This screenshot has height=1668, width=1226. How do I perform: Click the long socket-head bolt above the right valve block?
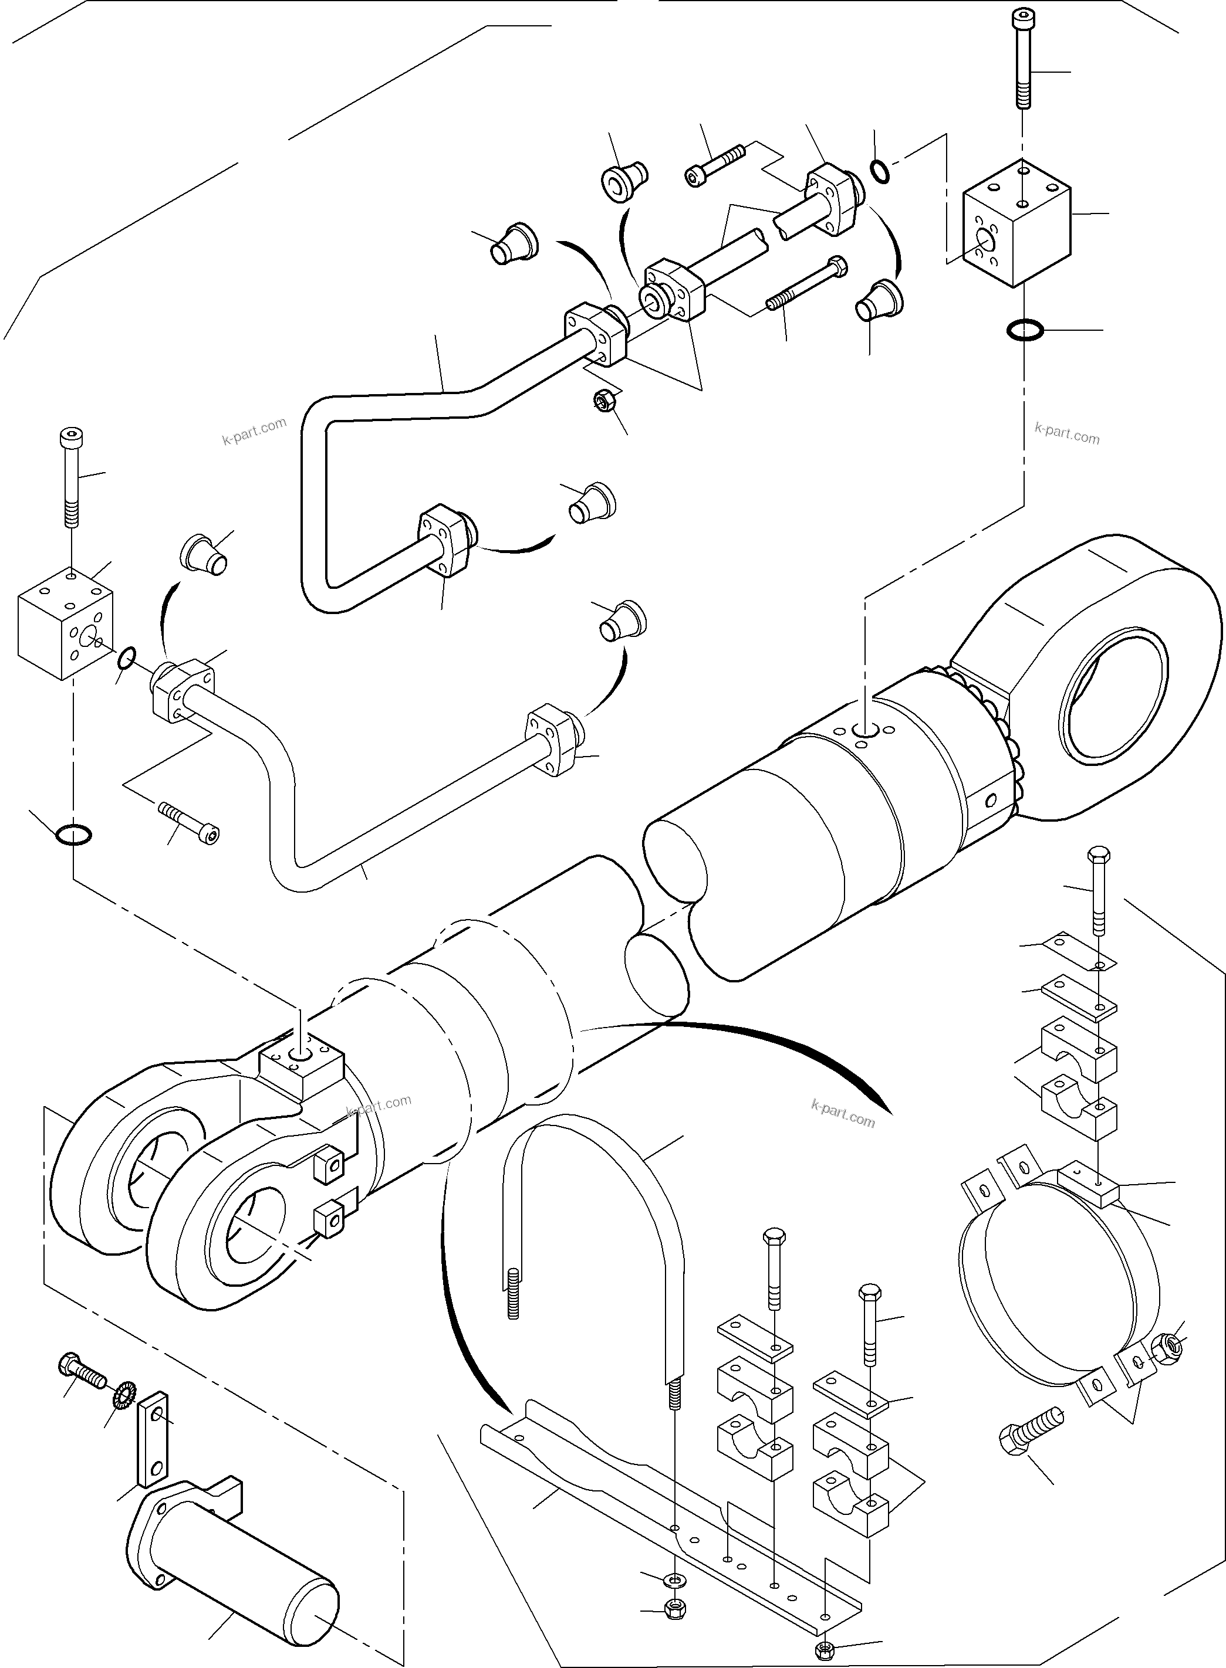tap(1024, 59)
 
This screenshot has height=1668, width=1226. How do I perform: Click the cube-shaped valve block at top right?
tap(1016, 222)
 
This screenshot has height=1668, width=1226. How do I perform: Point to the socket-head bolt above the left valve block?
tap(70, 474)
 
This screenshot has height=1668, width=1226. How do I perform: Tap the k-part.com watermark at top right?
tap(1066, 433)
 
